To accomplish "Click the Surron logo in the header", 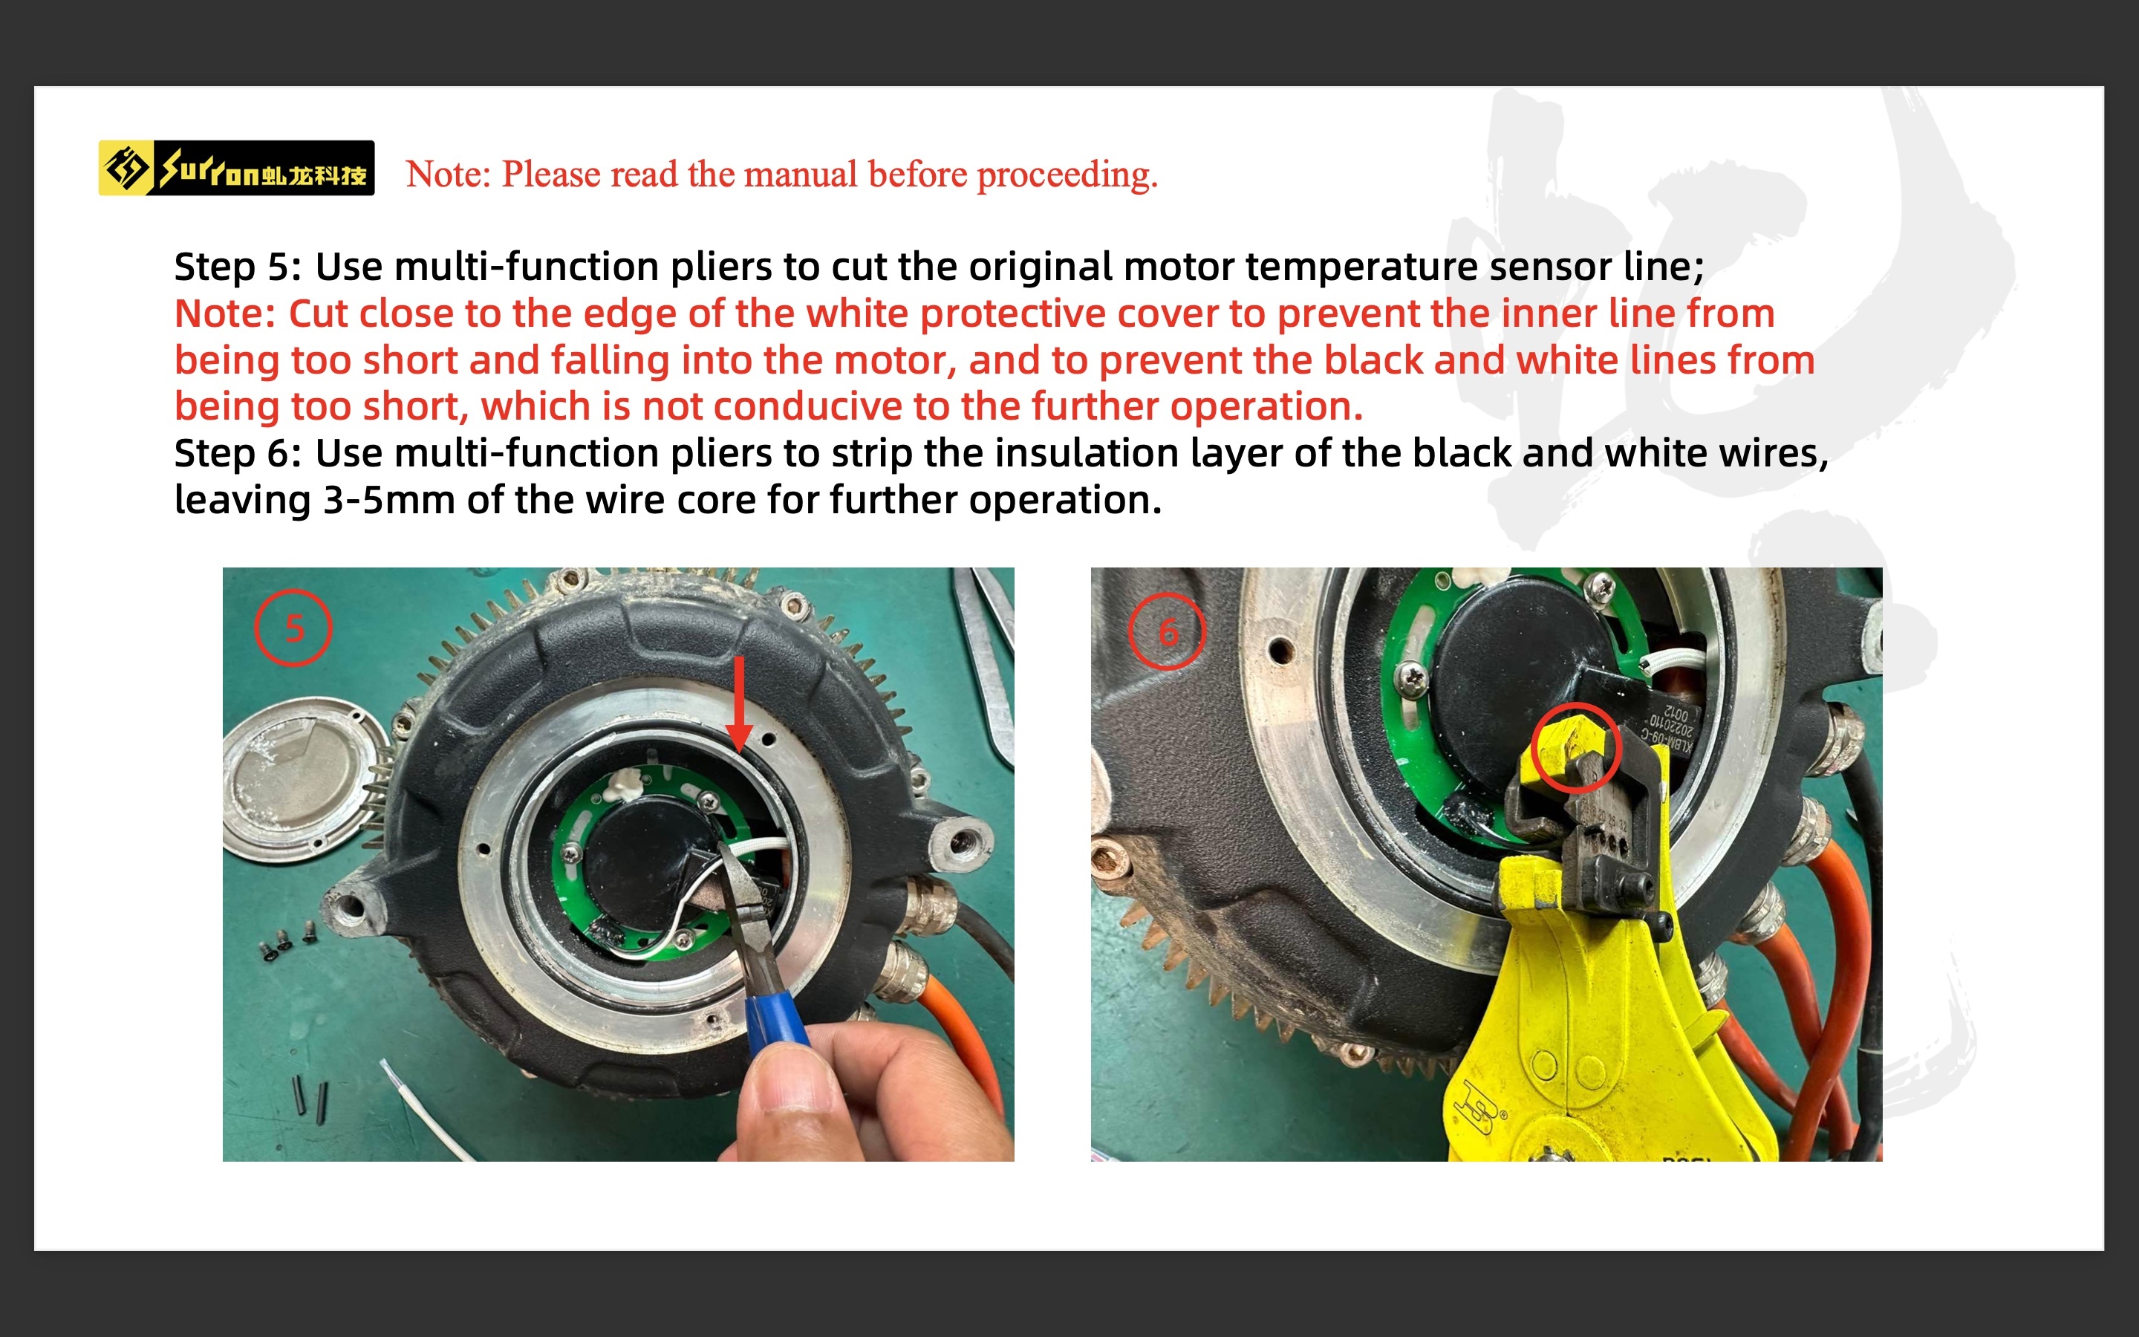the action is tap(236, 168).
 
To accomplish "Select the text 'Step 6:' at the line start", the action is tap(238, 454).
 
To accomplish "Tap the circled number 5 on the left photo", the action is tap(293, 628).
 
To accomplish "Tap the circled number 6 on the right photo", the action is tap(1167, 631).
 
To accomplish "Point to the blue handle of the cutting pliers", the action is tap(775, 1026).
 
